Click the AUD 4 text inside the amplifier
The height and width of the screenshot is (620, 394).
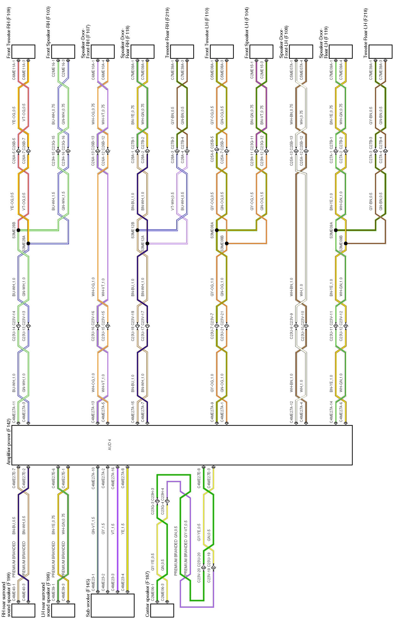(109, 445)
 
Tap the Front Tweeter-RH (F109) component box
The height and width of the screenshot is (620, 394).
(23, 51)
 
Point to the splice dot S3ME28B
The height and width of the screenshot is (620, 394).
(18, 230)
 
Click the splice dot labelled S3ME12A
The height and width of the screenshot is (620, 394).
(147, 243)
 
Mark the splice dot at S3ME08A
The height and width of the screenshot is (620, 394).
(217, 230)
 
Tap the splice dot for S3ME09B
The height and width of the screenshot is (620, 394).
(346, 243)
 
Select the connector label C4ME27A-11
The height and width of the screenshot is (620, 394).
(14, 412)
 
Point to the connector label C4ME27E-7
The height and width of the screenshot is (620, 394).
(14, 477)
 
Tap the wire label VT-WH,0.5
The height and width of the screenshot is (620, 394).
(173, 201)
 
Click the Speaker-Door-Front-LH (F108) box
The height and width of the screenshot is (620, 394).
(301, 51)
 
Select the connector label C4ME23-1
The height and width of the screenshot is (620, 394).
(93, 582)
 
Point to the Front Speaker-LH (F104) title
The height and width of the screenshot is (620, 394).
(247, 33)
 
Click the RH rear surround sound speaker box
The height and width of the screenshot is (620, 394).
(23, 610)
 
